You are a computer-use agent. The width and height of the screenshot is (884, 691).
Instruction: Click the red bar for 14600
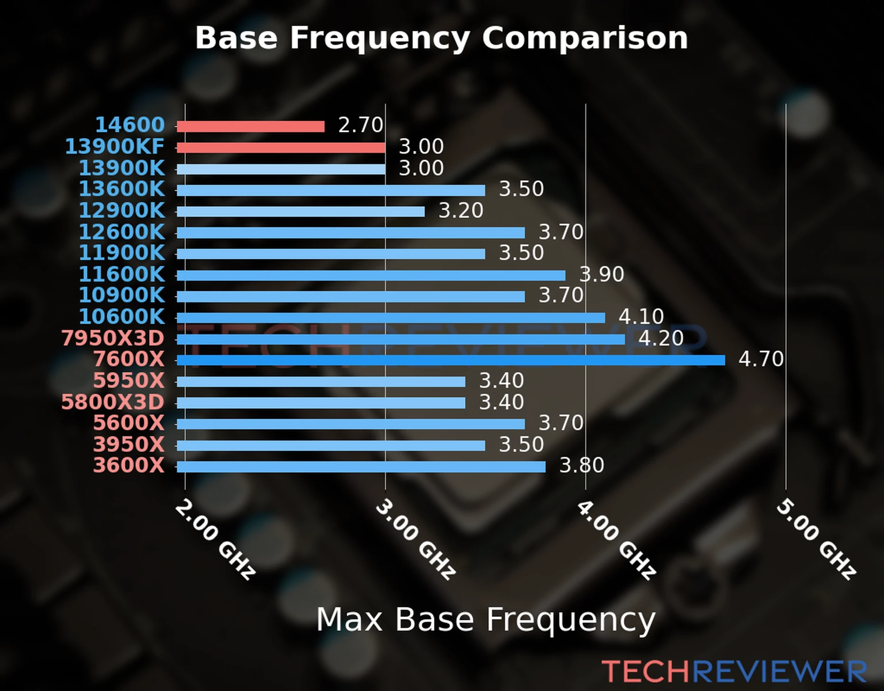point(250,127)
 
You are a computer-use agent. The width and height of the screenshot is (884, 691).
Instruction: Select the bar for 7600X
point(450,360)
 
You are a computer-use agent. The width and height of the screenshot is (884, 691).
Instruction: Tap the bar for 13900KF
point(281,148)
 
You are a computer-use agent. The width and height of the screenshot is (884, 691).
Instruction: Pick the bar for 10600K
point(390,318)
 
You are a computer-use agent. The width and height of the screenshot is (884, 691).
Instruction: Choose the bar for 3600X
point(361,466)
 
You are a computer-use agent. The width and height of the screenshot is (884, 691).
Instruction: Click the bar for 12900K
point(300,211)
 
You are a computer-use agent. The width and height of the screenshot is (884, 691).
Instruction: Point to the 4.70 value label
point(761,359)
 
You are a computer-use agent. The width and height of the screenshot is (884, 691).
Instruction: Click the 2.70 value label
point(360,125)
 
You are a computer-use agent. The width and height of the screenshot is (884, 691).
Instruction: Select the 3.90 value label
point(601,274)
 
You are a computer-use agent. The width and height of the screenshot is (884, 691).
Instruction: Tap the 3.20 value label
point(460,211)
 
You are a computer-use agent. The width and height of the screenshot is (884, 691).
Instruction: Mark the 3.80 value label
point(581,465)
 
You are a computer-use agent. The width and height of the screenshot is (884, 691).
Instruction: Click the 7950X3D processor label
point(113,338)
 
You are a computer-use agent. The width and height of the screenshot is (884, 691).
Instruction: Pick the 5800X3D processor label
point(113,402)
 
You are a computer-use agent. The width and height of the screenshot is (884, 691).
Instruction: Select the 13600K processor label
point(121,189)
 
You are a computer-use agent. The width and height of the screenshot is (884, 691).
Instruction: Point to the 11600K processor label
point(121,274)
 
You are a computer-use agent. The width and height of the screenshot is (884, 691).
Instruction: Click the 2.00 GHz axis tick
point(215,539)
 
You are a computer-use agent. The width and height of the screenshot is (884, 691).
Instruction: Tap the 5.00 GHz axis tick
point(816,539)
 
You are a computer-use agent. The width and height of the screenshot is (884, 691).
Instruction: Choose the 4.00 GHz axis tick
point(616,539)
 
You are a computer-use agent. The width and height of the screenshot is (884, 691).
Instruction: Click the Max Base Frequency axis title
point(486,620)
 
